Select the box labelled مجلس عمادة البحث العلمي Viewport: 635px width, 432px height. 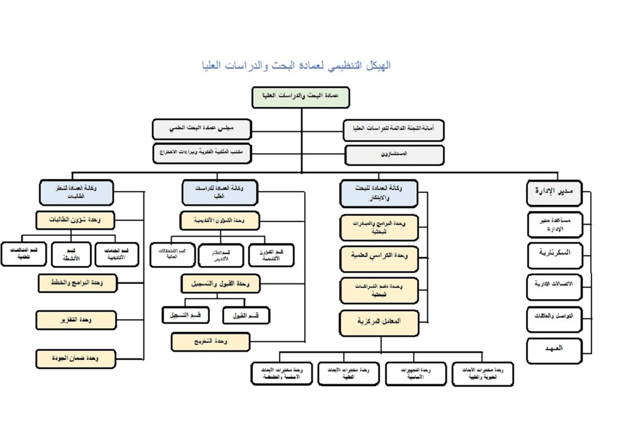coord(202,129)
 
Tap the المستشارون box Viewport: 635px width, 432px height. coord(394,155)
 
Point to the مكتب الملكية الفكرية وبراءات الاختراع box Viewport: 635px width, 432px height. coord(202,153)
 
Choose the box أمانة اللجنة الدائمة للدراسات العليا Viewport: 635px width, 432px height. coord(394,129)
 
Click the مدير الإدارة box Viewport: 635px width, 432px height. coord(554,193)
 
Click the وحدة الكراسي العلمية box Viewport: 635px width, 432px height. coord(379,259)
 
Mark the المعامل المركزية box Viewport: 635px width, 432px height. coord(379,322)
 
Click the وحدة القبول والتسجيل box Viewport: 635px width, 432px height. coord(220,283)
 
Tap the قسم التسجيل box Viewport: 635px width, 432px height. coord(185,315)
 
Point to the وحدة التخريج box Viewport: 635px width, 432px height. coord(210,342)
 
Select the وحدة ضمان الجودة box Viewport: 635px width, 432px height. coord(76,359)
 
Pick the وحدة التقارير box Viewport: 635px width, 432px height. coord(76,320)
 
